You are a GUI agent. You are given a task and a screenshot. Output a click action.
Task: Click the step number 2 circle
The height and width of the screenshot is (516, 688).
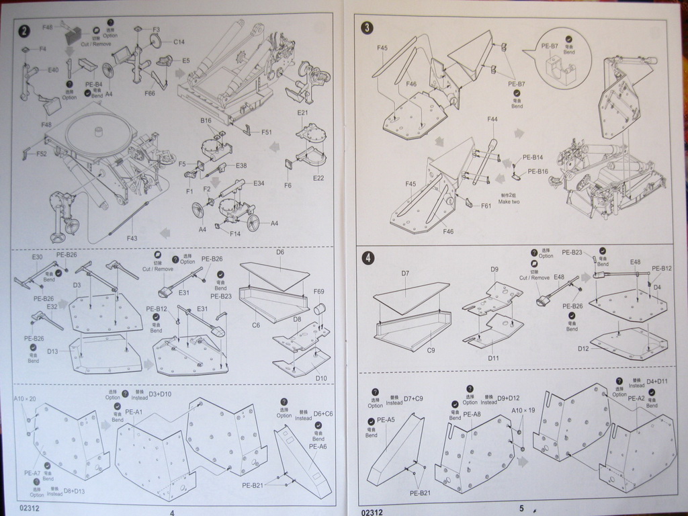pos(25,31)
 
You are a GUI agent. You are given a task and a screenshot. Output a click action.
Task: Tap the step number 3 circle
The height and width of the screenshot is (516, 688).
pos(368,28)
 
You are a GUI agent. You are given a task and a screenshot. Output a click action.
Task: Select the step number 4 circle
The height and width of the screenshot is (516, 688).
pos(368,258)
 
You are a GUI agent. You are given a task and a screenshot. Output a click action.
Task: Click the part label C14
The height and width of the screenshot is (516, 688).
pos(179,42)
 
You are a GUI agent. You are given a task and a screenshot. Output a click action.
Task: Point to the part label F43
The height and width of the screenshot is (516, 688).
pos(132,238)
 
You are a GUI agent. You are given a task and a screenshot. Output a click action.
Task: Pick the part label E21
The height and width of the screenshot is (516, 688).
pos(302,113)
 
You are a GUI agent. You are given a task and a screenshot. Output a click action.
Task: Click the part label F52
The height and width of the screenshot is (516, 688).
pos(41,154)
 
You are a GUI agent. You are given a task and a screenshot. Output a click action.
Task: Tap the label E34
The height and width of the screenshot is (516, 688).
pos(259,183)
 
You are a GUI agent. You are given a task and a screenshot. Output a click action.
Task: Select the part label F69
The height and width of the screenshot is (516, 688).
pos(318,292)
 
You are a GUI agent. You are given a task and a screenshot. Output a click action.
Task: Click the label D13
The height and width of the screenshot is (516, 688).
pos(52,351)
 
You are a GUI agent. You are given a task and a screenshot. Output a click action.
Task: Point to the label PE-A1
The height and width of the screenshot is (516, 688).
pos(134,412)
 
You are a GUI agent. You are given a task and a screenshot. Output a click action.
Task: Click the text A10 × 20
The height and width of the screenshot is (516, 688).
pos(25,399)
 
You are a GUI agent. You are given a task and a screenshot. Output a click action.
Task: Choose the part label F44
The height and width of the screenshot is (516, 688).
pos(492,119)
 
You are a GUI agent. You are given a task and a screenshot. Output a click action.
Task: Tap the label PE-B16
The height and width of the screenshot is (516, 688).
pos(538,171)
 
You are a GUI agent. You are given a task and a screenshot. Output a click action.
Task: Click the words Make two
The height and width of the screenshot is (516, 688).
pos(510,202)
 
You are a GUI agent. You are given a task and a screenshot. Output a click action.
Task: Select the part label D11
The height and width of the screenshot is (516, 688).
pos(494,358)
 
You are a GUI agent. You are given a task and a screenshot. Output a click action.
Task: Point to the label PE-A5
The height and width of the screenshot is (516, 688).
pos(386,420)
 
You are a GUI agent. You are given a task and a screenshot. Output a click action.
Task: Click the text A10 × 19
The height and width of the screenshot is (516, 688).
pos(523,410)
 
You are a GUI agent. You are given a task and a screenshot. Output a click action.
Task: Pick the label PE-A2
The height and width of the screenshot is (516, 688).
pos(636,398)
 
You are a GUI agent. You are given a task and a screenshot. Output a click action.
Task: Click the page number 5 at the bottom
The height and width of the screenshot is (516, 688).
pos(521,508)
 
